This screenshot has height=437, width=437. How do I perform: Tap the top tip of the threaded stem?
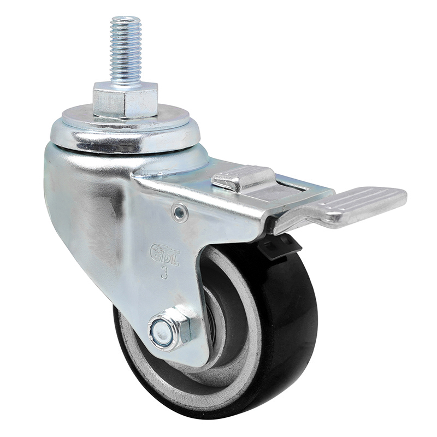(125, 19)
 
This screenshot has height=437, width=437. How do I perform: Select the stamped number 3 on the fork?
(164, 273)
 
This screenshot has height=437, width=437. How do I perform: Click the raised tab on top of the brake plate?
(243, 178)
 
